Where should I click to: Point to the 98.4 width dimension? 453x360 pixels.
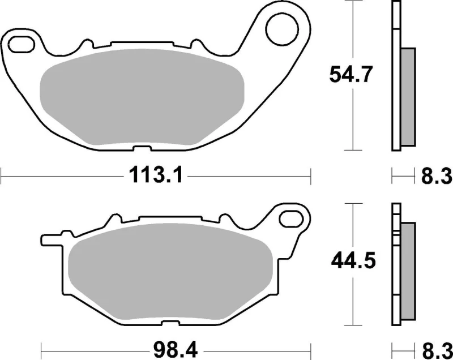pyautogui.click(x=155, y=345)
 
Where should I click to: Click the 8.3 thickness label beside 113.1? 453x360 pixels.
pyautogui.click(x=436, y=177)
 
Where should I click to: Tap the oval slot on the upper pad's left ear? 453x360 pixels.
pyautogui.click(x=21, y=43)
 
